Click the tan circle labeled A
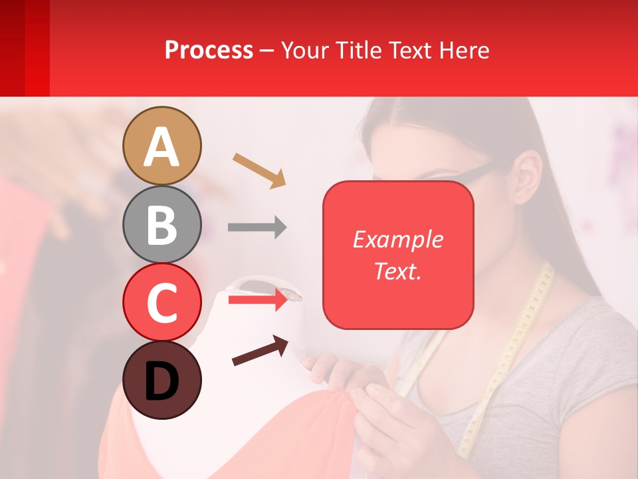click(162, 146)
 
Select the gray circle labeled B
click(162, 224)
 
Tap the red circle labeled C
click(162, 302)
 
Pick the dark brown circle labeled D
click(162, 380)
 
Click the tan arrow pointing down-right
click(259, 170)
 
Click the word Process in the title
click(209, 50)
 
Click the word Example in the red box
click(397, 239)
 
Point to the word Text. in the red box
click(397, 271)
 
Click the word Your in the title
click(304, 50)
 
